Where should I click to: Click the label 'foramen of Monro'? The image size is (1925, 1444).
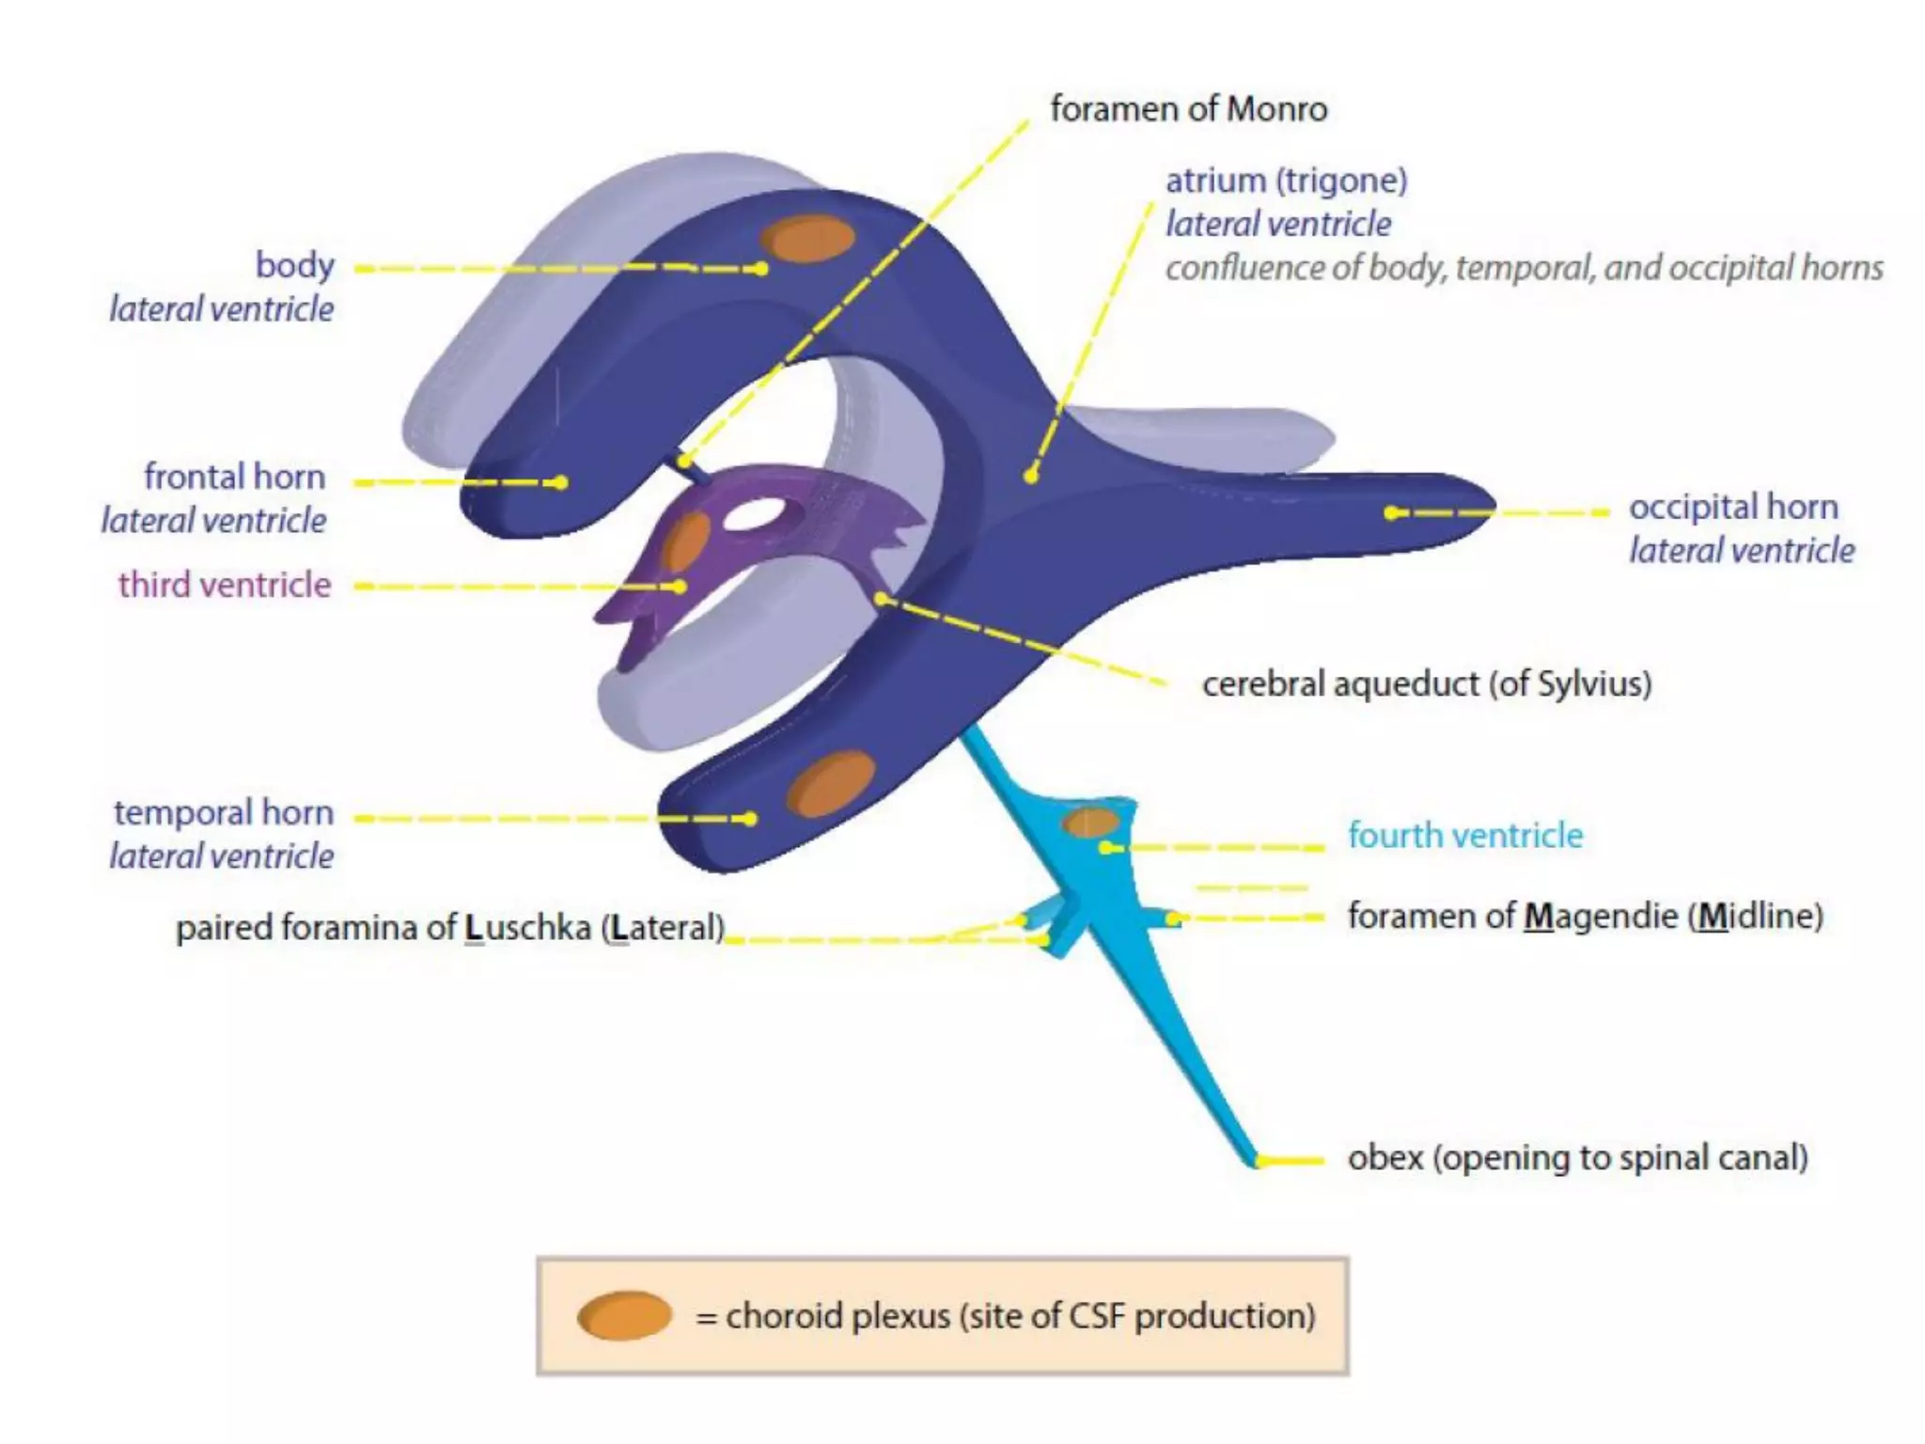1188,109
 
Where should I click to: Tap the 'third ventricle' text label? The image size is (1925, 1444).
225,585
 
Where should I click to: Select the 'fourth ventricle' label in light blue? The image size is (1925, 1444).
1464,835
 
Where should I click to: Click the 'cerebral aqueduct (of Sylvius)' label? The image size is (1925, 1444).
1426,683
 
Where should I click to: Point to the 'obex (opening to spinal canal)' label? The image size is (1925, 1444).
1577,1157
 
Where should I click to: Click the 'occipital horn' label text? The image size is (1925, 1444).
1732,507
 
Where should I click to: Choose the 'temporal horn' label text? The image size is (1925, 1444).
224,812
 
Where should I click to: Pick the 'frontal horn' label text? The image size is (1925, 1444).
234,477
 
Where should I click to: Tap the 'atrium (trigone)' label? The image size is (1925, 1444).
1286,180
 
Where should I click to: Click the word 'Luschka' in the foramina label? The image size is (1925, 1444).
527,928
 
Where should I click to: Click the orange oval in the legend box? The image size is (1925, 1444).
624,1315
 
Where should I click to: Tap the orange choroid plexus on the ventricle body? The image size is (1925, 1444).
807,238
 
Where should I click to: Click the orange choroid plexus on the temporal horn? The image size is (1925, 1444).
831,783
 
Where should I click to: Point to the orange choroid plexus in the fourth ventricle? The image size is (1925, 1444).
1089,824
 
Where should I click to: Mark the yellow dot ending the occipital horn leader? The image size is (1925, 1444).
1392,512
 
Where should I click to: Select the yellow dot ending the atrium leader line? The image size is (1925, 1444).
1031,476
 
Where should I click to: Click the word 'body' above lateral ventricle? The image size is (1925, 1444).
294,265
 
